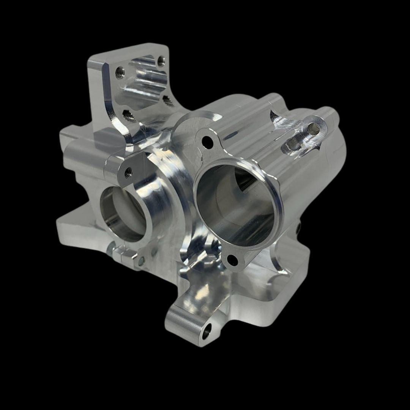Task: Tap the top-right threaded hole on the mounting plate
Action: pos(161,60)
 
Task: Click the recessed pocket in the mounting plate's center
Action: pos(144,85)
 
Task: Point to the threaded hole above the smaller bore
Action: pos(128,172)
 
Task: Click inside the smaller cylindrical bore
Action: pos(121,213)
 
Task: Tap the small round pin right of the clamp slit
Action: pos(141,260)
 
